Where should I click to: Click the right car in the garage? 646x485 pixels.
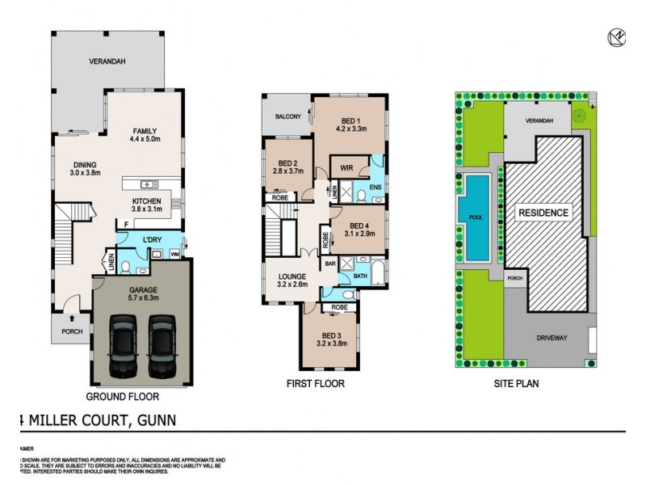[161, 345]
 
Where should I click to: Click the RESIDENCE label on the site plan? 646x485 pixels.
[543, 213]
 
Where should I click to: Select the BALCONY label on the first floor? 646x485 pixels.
[287, 117]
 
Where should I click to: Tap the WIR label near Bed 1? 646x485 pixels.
[346, 169]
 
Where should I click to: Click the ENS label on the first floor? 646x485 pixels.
[375, 188]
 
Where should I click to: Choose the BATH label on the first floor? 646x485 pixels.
[359, 276]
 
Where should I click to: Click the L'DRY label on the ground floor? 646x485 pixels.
[152, 242]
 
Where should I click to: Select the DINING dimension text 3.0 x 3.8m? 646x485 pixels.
[86, 173]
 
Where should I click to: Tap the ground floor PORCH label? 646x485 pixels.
[72, 331]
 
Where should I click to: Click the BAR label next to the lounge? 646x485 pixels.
[330, 264]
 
